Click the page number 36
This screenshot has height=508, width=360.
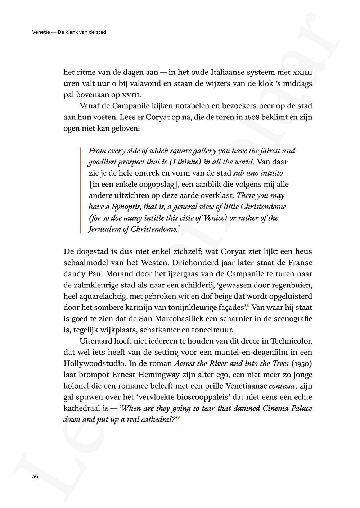point(35,477)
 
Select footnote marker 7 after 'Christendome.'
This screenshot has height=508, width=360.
point(179,227)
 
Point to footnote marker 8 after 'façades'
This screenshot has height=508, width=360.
point(248,306)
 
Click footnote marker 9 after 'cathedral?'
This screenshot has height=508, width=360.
point(179,417)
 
